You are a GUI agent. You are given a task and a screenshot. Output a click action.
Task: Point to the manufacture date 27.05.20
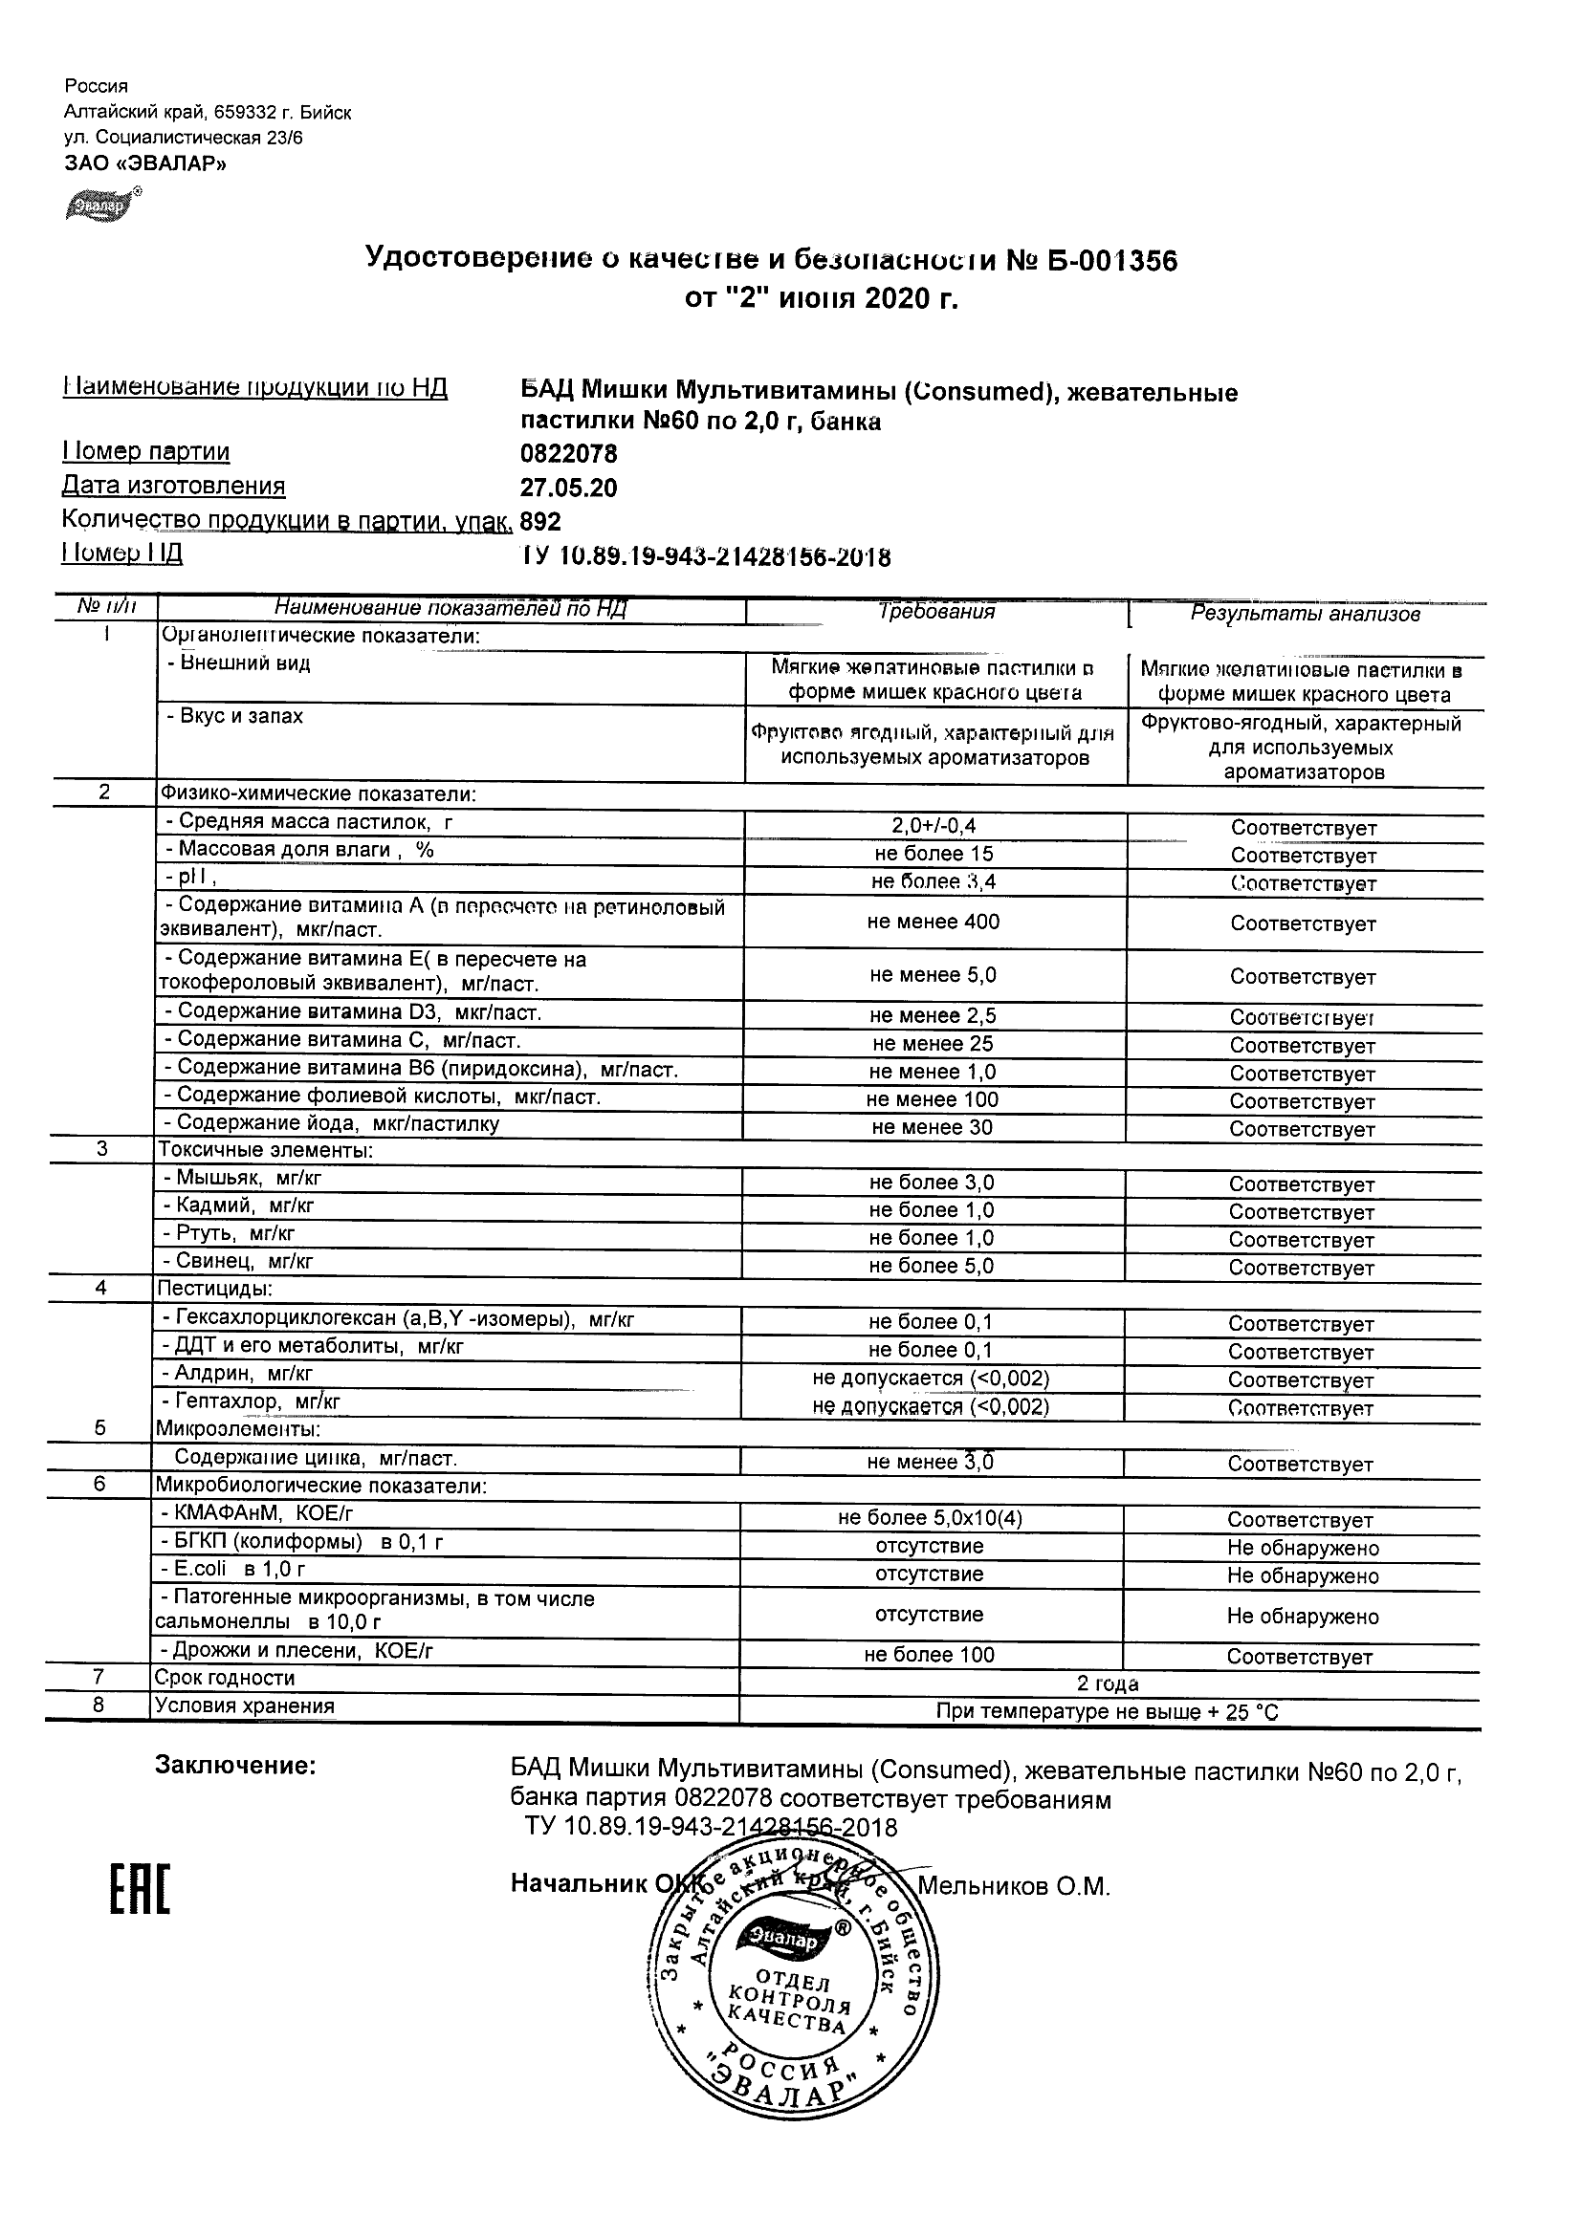pyautogui.click(x=568, y=489)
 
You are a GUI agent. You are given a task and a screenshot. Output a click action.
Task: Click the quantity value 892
pyautogui.click(x=541, y=522)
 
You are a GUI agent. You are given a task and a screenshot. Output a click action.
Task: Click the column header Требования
pyautogui.click(x=935, y=612)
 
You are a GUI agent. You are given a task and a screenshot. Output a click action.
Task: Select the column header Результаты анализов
pyautogui.click(x=1306, y=614)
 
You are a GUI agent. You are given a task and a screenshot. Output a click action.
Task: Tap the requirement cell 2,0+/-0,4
pyautogui.click(x=934, y=826)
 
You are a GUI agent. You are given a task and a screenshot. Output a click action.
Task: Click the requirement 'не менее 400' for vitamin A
pyautogui.click(x=933, y=922)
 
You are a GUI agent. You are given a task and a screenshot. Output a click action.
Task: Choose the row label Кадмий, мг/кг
pyautogui.click(x=239, y=1206)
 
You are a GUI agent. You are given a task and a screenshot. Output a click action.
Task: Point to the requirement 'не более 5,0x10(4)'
pyautogui.click(x=930, y=1518)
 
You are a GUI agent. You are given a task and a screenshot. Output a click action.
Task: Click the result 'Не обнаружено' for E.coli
pyautogui.click(x=1303, y=1576)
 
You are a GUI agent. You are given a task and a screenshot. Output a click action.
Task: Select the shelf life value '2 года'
pyautogui.click(x=1108, y=1683)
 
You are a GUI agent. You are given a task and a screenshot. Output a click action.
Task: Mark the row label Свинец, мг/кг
pyautogui.click(x=238, y=1262)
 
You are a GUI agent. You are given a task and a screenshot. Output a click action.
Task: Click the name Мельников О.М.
pyautogui.click(x=1014, y=1887)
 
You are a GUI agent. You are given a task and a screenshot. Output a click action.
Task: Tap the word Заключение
pyautogui.click(x=236, y=1767)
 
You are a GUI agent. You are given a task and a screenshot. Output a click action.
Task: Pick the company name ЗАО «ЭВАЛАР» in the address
pyautogui.click(x=145, y=163)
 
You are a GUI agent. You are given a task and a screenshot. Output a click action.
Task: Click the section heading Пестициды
pyautogui.click(x=214, y=1289)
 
